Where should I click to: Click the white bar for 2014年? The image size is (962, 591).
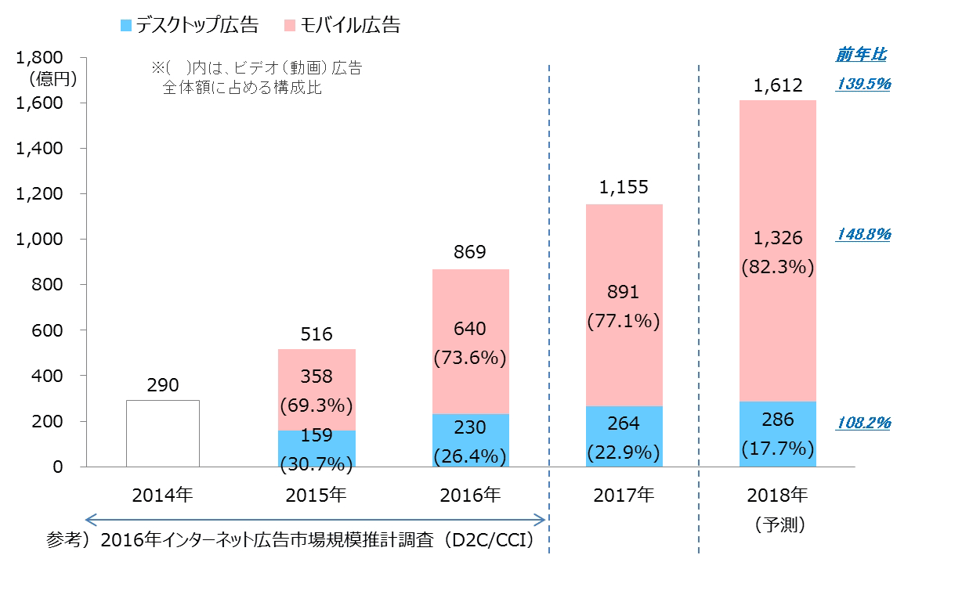tap(163, 434)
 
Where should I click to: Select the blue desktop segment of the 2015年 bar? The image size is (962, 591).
tap(316, 449)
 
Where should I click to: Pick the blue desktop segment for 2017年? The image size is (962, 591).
tap(624, 437)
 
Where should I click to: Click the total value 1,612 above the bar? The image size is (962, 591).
tap(778, 85)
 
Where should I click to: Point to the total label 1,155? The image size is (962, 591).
tap(624, 188)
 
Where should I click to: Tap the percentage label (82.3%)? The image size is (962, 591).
tap(778, 267)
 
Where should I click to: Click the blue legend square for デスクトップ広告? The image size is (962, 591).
tap(127, 26)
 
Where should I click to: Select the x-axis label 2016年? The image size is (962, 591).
tap(470, 495)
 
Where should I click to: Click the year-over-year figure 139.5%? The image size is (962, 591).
tap(863, 84)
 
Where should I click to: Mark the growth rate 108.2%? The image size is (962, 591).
tap(863, 423)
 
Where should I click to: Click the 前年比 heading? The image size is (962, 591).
tap(861, 55)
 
